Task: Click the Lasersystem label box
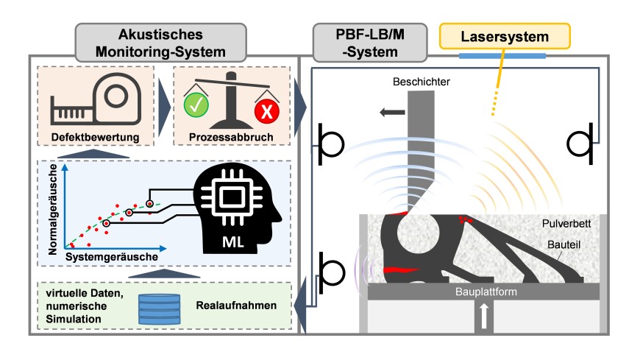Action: (505, 36)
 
